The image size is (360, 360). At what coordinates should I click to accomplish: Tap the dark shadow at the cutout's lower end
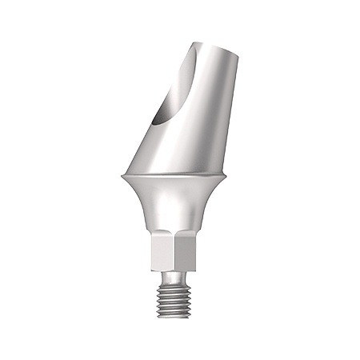coord(162,119)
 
